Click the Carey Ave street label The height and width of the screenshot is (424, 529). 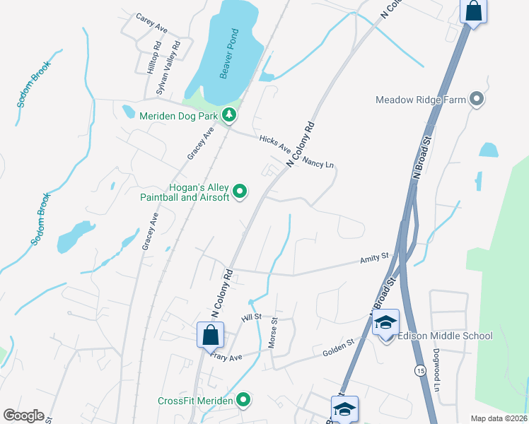point(151,23)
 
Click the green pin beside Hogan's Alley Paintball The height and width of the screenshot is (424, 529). point(240,191)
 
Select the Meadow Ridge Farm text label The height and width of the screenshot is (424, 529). point(421,100)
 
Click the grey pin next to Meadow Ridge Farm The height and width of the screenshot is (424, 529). point(477,100)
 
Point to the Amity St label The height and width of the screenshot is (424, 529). point(376,259)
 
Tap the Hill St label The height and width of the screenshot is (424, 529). point(251,319)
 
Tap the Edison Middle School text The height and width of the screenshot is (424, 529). point(446,336)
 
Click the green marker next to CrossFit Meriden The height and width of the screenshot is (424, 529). point(244,401)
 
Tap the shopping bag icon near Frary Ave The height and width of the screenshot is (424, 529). point(211,335)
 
